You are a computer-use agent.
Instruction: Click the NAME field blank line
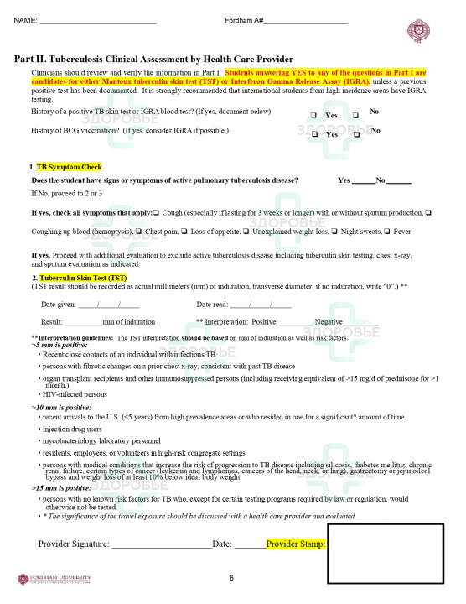coord(96,20)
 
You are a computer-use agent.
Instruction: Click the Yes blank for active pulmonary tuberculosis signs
coord(363,180)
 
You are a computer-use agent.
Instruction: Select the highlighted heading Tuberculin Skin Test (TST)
coord(83,278)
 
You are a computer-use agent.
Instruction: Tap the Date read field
coord(261,304)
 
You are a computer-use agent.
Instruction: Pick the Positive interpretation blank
coord(294,322)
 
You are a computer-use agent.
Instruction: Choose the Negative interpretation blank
coord(360,322)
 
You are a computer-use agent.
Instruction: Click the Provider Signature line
coord(159,568)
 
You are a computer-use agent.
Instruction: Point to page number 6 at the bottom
coord(231,578)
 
